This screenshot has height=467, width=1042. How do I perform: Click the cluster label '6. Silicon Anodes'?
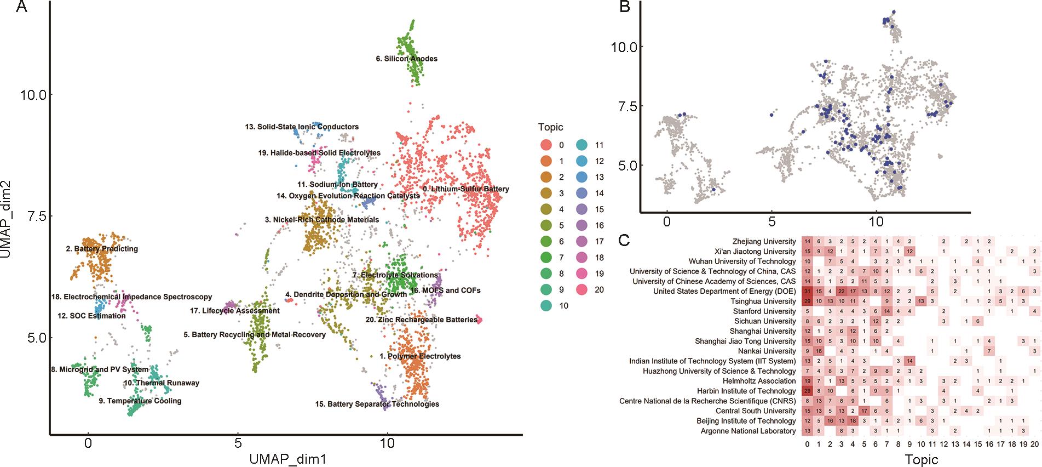406,59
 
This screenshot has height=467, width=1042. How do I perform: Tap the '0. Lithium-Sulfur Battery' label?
466,189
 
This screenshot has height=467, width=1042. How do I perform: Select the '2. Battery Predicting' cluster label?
102,249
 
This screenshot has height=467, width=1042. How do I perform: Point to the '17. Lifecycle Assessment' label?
235,311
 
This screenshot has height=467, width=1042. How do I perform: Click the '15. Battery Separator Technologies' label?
377,404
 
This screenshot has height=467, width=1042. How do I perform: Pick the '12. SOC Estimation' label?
91,316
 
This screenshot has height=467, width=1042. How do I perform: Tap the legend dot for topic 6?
546,241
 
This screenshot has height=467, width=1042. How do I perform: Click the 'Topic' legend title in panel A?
550,127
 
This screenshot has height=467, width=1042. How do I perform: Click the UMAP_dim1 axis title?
287,459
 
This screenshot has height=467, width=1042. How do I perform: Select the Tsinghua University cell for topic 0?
808,301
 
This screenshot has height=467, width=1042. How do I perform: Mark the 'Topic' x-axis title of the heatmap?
921,459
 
